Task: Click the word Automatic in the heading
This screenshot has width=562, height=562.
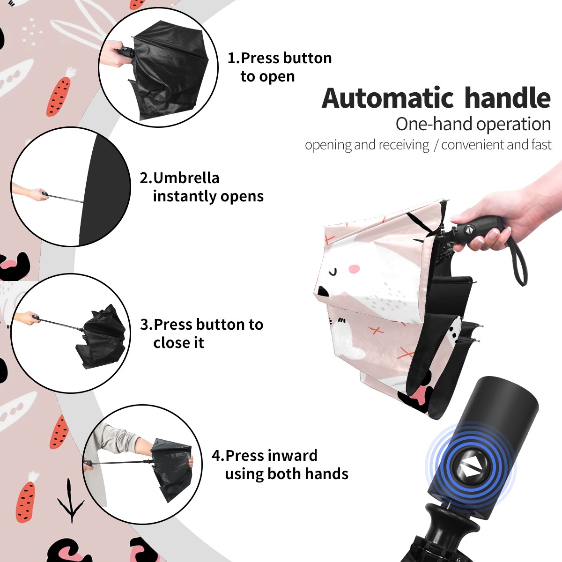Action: (x=388, y=98)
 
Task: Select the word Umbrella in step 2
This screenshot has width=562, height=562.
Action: (x=186, y=178)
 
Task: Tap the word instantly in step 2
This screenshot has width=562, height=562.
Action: (x=184, y=196)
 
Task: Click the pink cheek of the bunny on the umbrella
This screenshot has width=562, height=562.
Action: (x=354, y=269)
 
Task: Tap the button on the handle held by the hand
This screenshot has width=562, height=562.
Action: (x=469, y=229)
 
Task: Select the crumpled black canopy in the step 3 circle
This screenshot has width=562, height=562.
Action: (x=101, y=335)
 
